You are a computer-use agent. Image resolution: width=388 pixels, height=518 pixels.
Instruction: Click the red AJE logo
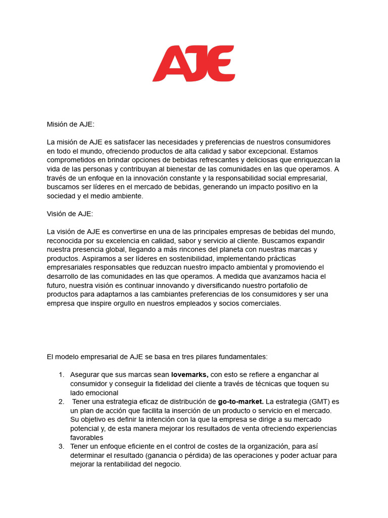pyautogui.click(x=194, y=63)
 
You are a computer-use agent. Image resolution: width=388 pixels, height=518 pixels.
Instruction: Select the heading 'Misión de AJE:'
pyautogui.click(x=70, y=124)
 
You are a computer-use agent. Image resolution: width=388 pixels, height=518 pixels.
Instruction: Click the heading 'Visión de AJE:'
pyautogui.click(x=70, y=214)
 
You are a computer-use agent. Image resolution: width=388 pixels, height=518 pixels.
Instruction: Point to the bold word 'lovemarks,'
pyautogui.click(x=189, y=375)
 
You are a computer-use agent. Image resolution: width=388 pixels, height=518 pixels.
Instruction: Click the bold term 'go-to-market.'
pyautogui.click(x=240, y=402)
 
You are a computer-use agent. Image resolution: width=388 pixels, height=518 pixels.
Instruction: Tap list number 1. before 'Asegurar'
pyautogui.click(x=61, y=375)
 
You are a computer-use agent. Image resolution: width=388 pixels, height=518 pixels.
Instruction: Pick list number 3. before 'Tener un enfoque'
pyautogui.click(x=61, y=446)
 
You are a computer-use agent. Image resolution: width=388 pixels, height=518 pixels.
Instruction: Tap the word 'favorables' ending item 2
pyautogui.click(x=86, y=438)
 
